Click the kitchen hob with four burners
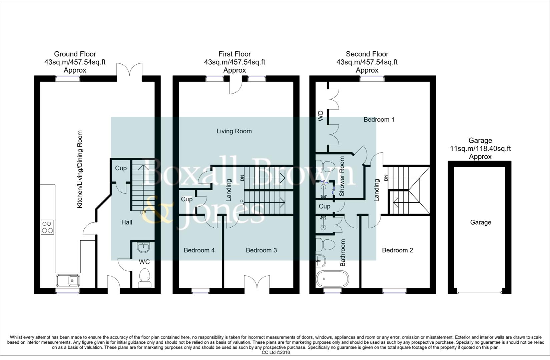[47, 227]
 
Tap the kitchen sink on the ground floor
[68, 280]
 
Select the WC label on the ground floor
[144, 262]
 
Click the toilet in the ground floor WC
[144, 279]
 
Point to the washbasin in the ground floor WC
[144, 247]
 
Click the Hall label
[127, 222]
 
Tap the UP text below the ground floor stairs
[143, 213]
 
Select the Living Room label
[234, 131]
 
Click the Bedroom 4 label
[199, 250]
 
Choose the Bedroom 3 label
[261, 250]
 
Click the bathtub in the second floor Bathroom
[333, 279]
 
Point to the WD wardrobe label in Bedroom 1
[321, 116]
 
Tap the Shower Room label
[342, 176]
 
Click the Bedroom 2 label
[397, 250]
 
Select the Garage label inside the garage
[480, 222]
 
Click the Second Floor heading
[367, 54]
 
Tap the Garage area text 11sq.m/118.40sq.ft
[480, 149]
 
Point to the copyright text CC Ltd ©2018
[276, 352]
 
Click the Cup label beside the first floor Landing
[186, 199]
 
